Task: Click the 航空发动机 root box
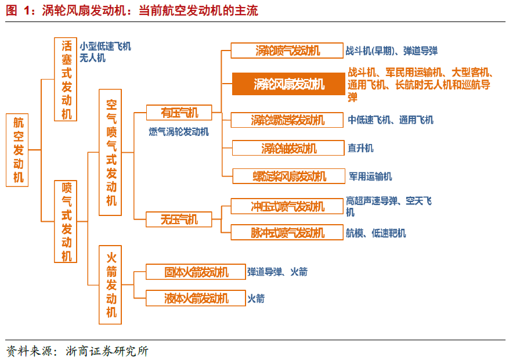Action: [19, 149]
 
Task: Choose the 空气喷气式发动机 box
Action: [111, 152]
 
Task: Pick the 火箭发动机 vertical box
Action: [111, 284]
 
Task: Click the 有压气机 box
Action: [179, 112]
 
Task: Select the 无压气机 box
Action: [179, 219]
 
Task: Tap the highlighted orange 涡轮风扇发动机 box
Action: [288, 84]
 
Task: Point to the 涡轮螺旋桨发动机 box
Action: [287, 120]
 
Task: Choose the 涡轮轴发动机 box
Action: [288, 148]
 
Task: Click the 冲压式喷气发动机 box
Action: [287, 206]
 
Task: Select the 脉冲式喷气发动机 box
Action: [287, 233]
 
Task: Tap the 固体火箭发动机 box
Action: [196, 272]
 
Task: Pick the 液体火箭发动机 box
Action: [196, 298]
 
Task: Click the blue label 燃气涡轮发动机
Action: [179, 132]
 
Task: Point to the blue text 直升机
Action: [360, 148]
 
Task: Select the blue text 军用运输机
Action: [370, 176]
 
